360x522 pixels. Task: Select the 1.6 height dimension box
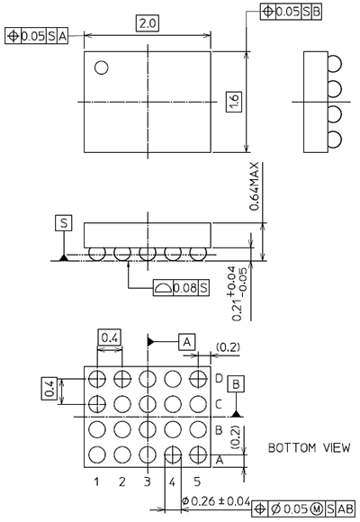pyautogui.click(x=233, y=102)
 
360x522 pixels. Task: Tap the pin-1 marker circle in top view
pyautogui.click(x=102, y=67)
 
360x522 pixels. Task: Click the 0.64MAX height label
pyautogui.click(x=256, y=184)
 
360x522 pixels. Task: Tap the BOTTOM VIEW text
pyautogui.click(x=303, y=447)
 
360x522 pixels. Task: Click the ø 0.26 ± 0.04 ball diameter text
pyautogui.click(x=216, y=500)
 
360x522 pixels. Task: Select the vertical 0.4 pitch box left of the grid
pyautogui.click(x=51, y=389)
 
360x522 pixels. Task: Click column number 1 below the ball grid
pyautogui.click(x=96, y=481)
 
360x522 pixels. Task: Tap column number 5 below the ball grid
pyautogui.click(x=196, y=481)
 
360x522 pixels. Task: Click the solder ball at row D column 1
pyautogui.click(x=97, y=377)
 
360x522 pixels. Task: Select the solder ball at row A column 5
pyautogui.click(x=196, y=454)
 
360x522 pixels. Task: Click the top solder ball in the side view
pyautogui.click(x=336, y=63)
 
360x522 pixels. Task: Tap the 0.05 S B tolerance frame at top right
pyautogui.click(x=291, y=13)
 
